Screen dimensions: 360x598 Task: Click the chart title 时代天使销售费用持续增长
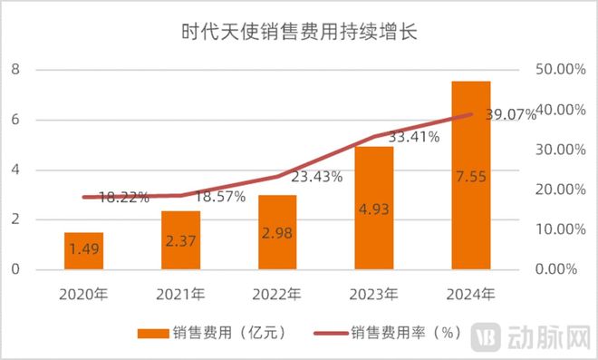[299, 34]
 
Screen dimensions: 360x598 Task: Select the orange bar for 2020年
[83, 251]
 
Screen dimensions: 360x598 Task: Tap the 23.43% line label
[315, 177]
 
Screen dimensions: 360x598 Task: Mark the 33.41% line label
[413, 138]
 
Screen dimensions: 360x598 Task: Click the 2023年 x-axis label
[373, 293]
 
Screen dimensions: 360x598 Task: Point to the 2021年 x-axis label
[180, 293]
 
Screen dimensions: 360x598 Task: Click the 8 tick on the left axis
[15, 70]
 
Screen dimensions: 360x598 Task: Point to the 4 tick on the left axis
[15, 170]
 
